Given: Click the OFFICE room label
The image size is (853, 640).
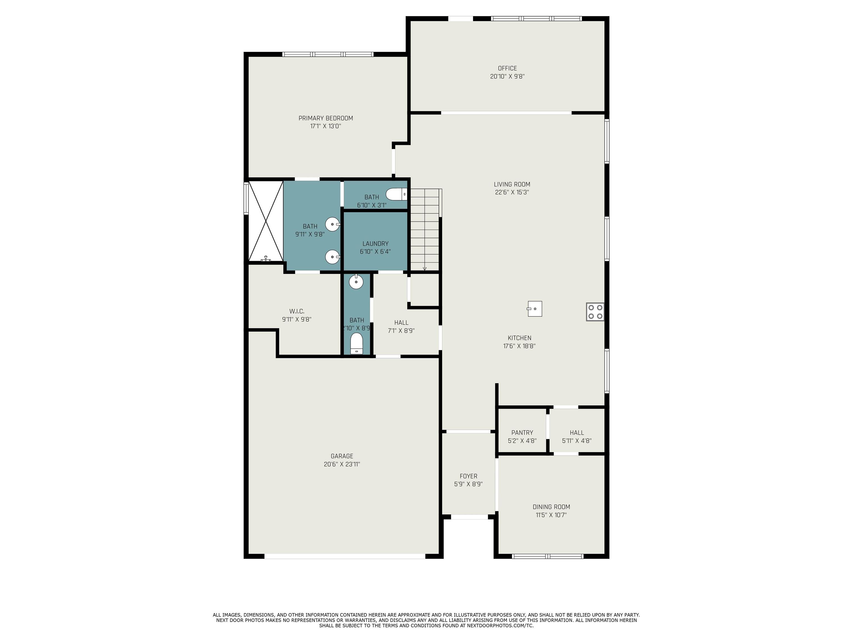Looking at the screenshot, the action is pyautogui.click(x=507, y=68).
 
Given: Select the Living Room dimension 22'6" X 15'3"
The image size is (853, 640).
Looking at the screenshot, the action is pyautogui.click(x=512, y=192).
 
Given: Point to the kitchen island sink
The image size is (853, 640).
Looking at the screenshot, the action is pyautogui.click(x=535, y=309).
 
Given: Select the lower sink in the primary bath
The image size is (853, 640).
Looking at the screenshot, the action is pyautogui.click(x=332, y=257).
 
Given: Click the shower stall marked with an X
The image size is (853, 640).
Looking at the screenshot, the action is pyautogui.click(x=266, y=221).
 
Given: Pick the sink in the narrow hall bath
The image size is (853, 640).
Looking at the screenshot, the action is pyautogui.click(x=356, y=282).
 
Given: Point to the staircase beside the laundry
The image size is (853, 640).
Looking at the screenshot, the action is pyautogui.click(x=425, y=229).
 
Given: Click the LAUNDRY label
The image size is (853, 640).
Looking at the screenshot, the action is pyautogui.click(x=375, y=243).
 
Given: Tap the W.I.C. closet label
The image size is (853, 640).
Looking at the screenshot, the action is pyautogui.click(x=297, y=311).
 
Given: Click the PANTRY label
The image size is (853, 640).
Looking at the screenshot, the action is pyautogui.click(x=522, y=432).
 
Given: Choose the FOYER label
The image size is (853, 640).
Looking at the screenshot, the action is pyautogui.click(x=468, y=476).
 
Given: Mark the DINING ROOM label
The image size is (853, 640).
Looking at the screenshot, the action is pyautogui.click(x=551, y=507).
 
